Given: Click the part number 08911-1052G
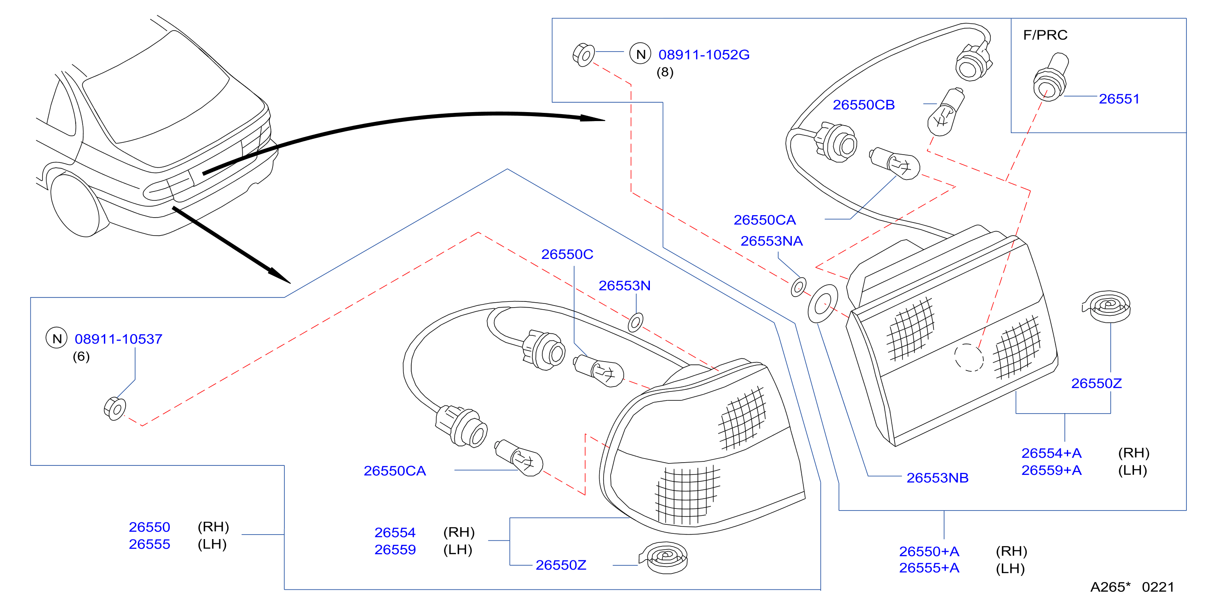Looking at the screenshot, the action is point(703,54).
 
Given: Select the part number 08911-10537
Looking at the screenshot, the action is point(119,339).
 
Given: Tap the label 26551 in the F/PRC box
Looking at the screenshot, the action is point(1119,99).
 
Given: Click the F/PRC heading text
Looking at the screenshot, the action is point(1045,35).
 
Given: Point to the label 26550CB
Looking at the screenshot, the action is point(864,105).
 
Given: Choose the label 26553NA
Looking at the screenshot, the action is point(771,241).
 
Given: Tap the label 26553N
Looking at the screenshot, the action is point(624,286).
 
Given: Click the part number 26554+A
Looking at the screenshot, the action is point(1051,453).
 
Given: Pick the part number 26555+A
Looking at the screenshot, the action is point(929,568).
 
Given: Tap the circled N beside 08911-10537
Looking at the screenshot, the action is point(56,338).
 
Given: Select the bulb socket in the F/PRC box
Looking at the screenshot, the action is point(1050,77).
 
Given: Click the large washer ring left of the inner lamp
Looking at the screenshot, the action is point(823,303).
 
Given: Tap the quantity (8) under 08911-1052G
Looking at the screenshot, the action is point(665,72).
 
